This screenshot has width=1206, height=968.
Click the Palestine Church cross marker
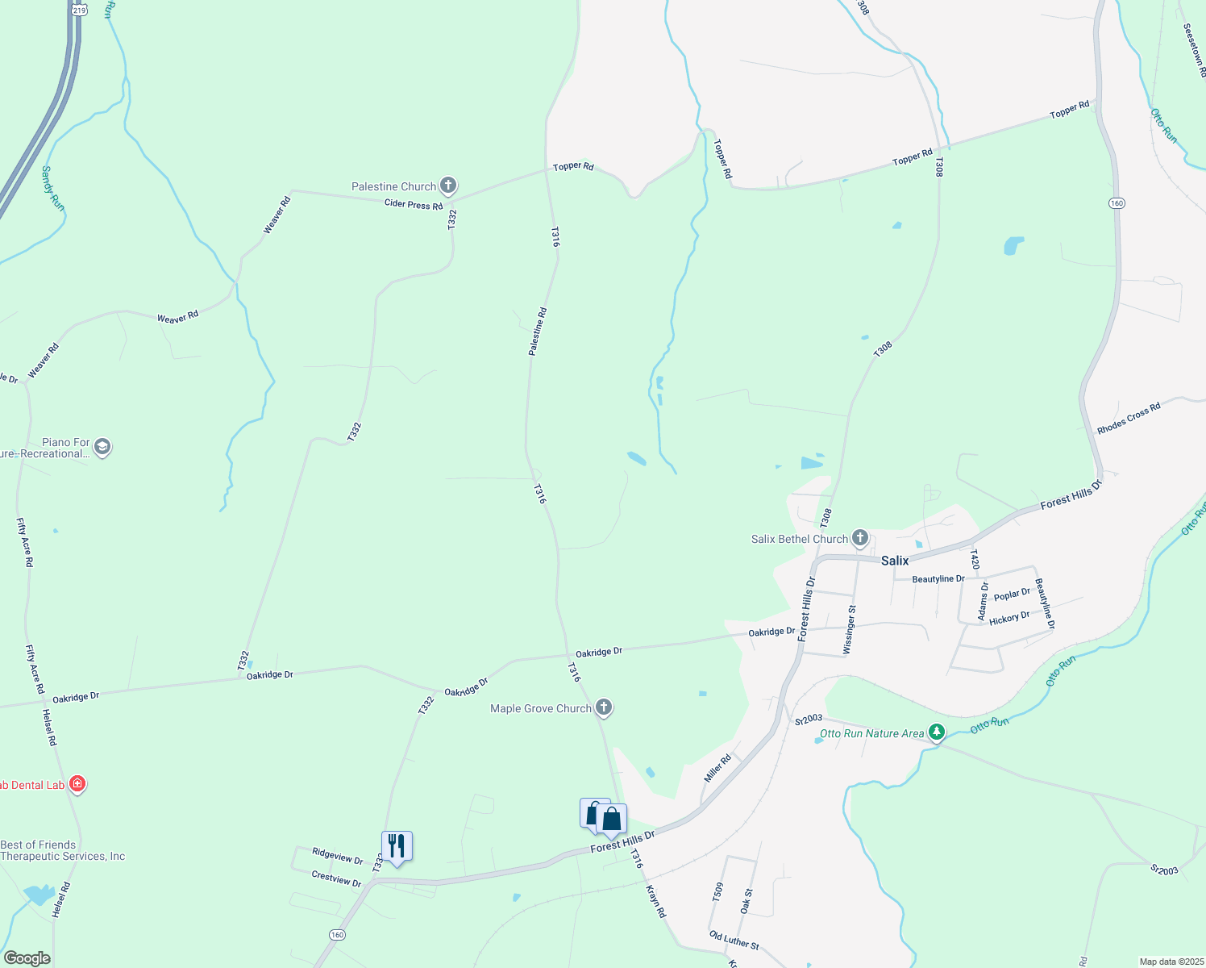(x=448, y=186)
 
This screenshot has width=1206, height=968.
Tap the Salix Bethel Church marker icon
(x=860, y=538)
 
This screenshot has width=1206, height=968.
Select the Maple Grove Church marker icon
(x=604, y=708)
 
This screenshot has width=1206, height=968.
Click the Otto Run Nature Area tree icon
(x=936, y=732)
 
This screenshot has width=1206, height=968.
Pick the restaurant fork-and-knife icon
(x=396, y=846)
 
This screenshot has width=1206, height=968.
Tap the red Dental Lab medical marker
(x=77, y=784)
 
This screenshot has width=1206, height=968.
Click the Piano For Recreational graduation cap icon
(x=102, y=447)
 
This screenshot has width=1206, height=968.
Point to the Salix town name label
(x=895, y=561)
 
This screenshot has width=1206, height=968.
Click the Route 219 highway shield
(x=79, y=10)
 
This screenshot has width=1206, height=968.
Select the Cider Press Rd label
(x=414, y=205)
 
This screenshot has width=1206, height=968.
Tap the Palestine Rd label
(x=538, y=332)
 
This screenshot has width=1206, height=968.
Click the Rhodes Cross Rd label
(x=1129, y=418)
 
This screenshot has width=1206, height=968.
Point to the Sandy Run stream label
(x=52, y=189)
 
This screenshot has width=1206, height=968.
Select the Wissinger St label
(x=848, y=629)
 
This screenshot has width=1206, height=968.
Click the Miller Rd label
(x=717, y=767)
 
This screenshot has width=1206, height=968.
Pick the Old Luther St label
(x=734, y=940)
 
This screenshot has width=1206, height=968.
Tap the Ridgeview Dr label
(x=337, y=856)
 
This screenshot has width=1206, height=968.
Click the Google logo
(x=27, y=958)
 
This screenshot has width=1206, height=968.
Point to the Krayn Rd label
(x=656, y=900)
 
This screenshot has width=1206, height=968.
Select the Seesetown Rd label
(x=1193, y=50)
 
